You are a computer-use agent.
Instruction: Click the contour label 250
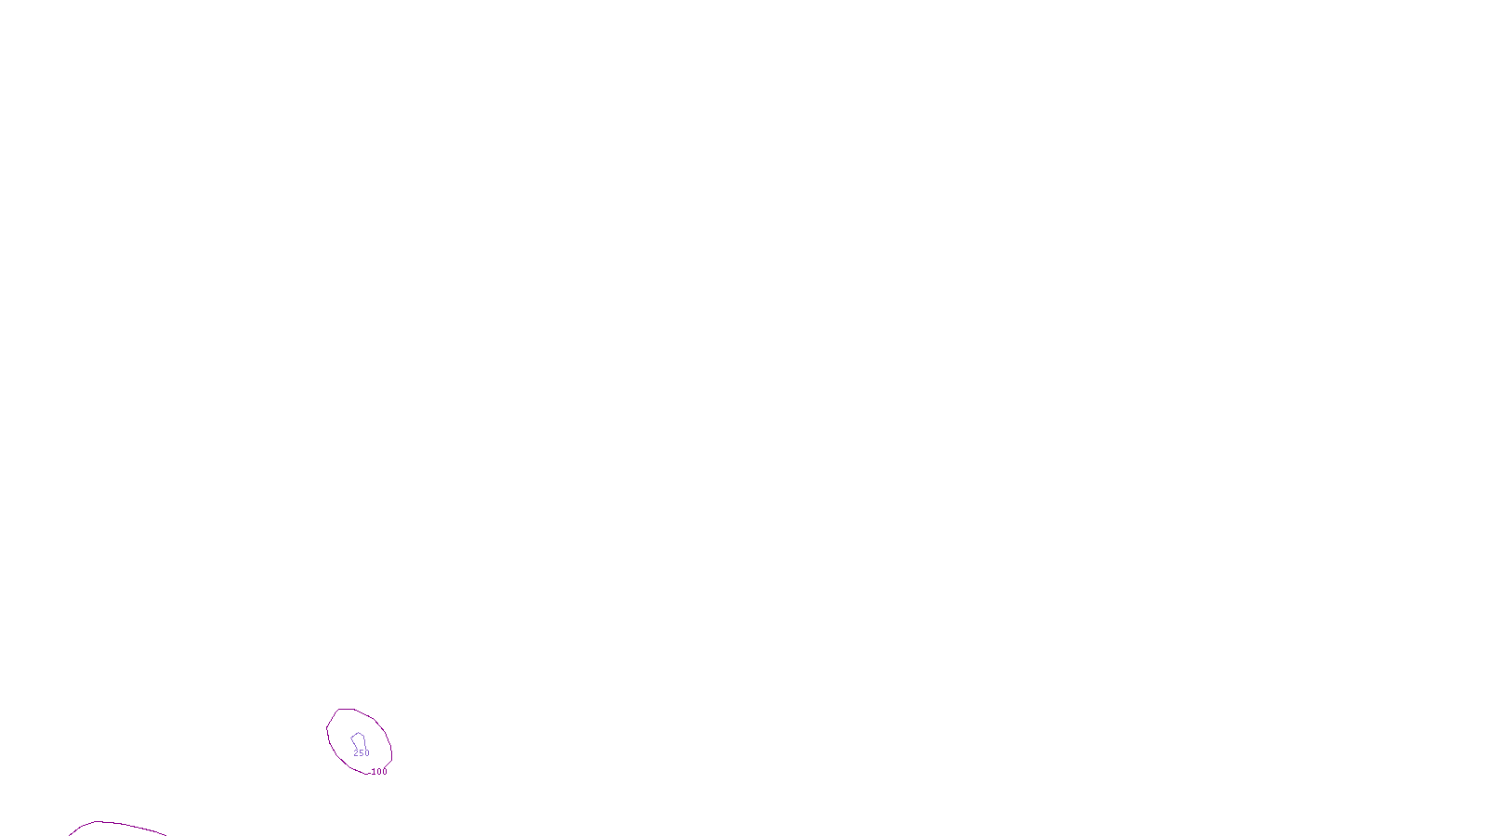pos(362,753)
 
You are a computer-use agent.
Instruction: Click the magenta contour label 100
pos(379,772)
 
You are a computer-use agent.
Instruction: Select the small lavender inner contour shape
pos(358,739)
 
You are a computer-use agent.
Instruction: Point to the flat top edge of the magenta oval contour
pos(346,710)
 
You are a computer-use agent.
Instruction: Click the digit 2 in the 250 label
pos(356,753)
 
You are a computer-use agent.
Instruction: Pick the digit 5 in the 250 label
pos(362,753)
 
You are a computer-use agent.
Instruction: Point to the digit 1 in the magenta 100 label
pos(374,772)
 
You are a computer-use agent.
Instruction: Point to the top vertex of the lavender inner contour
pos(357,733)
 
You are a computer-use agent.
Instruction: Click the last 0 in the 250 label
pos(367,753)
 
